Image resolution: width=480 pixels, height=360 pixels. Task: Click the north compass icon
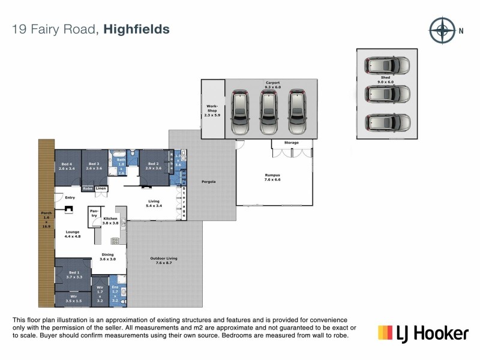pyautogui.click(x=442, y=29)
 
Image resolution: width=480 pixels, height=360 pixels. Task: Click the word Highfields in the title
pyautogui.click(x=136, y=29)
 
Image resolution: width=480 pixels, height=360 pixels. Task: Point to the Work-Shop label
pyautogui.click(x=212, y=110)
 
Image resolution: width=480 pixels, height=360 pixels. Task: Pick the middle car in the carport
pyautogui.click(x=268, y=112)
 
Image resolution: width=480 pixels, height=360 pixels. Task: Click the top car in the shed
pyautogui.click(x=388, y=65)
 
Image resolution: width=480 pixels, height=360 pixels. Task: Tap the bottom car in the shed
pyautogui.click(x=388, y=122)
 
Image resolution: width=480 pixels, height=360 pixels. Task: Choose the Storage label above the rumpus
pyautogui.click(x=292, y=143)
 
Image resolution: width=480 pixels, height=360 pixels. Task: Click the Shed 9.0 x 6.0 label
pyautogui.click(x=385, y=79)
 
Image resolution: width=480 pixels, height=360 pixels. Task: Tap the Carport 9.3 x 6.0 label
pyautogui.click(x=273, y=85)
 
